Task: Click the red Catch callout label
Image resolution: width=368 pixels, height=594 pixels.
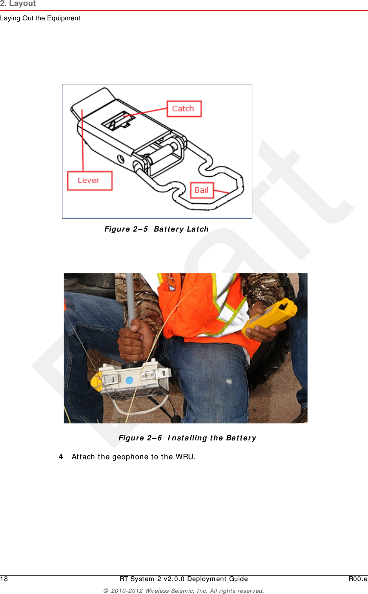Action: click(x=184, y=109)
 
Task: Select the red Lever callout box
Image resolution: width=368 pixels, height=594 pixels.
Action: click(x=89, y=181)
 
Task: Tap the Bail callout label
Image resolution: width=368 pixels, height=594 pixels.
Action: click(x=202, y=190)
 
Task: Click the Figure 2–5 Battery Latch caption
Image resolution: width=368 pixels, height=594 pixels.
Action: click(x=156, y=229)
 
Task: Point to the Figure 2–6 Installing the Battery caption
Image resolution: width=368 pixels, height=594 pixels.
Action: click(x=187, y=438)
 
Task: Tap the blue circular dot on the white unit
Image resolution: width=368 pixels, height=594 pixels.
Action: click(x=129, y=380)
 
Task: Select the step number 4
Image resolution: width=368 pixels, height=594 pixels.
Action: click(x=61, y=457)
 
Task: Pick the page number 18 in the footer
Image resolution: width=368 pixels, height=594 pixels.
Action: click(x=4, y=579)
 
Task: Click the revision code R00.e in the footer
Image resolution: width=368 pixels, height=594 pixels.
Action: click(x=358, y=579)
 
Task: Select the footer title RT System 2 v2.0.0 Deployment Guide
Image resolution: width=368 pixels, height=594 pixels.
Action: click(x=184, y=579)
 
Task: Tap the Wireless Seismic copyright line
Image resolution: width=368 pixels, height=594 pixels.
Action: click(x=184, y=591)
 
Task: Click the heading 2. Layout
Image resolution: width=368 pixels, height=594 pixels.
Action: click(x=18, y=4)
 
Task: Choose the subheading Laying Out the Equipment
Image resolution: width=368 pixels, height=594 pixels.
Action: click(x=40, y=18)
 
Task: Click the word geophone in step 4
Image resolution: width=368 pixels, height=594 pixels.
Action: click(x=130, y=457)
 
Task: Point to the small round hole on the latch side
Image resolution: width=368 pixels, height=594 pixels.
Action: click(x=121, y=159)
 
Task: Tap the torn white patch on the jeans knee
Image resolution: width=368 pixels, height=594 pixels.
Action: click(x=229, y=381)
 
